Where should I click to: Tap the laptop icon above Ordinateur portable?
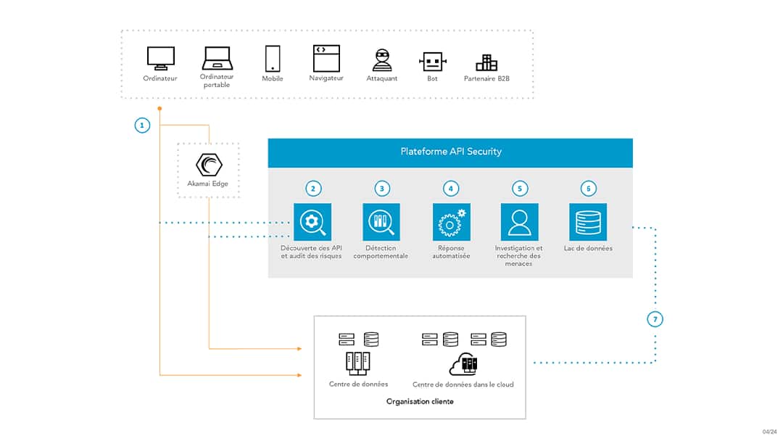tap(216, 57)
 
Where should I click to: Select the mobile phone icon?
tap(273, 58)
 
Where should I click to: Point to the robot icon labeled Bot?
tap(432, 61)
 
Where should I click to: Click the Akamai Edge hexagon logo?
tap(209, 165)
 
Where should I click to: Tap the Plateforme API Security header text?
tap(451, 152)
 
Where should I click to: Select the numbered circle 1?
tap(143, 125)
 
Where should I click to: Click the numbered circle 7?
tap(655, 319)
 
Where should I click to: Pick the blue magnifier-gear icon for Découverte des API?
tap(312, 222)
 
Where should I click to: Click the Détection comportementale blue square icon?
tap(381, 222)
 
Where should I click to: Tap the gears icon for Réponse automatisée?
tap(451, 222)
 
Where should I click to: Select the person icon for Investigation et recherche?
tap(519, 222)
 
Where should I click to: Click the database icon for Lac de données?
tap(588, 222)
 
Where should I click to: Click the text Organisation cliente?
tap(420, 401)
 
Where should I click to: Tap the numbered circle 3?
tap(382, 189)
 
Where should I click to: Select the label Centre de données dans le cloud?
tap(463, 384)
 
